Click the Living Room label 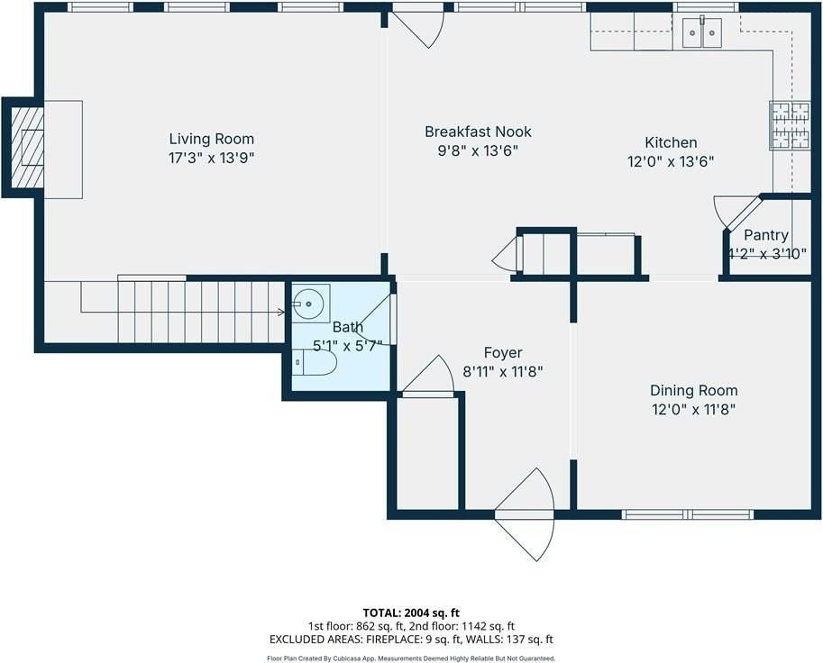[x=212, y=140]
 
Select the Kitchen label [x=671, y=142]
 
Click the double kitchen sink [x=705, y=32]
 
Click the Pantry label [x=766, y=235]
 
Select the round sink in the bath [x=310, y=304]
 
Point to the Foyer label [x=502, y=353]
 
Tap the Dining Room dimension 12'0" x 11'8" [x=693, y=410]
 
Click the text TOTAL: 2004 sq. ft [x=411, y=613]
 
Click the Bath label [x=347, y=327]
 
